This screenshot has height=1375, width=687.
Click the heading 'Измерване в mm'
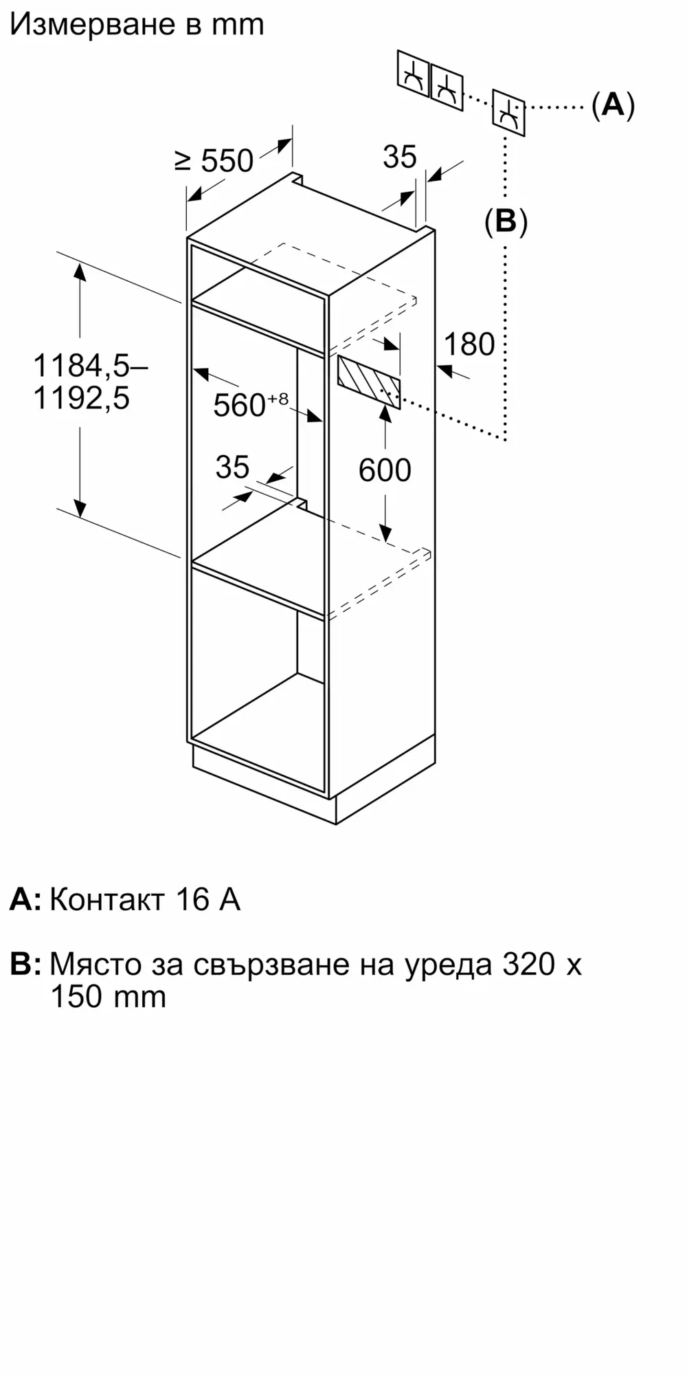[x=137, y=25]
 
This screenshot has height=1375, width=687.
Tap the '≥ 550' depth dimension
[x=214, y=161]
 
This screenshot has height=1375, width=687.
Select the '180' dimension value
[x=469, y=344]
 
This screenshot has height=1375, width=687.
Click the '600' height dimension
[x=385, y=470]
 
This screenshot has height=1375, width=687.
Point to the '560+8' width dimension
[x=250, y=404]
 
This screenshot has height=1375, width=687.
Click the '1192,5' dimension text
[x=82, y=398]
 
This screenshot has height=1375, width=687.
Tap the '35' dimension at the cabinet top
[x=399, y=157]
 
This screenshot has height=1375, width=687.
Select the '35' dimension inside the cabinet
[x=232, y=467]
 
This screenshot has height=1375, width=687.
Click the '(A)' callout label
[x=613, y=105]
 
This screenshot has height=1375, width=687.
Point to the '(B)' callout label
[x=506, y=221]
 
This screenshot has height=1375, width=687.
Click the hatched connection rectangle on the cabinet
[x=368, y=382]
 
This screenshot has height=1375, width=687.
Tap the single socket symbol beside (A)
[x=508, y=113]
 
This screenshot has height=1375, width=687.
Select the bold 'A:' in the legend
[x=25, y=899]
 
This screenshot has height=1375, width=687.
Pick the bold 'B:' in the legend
[x=25, y=964]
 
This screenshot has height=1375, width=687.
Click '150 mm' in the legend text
[x=109, y=996]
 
